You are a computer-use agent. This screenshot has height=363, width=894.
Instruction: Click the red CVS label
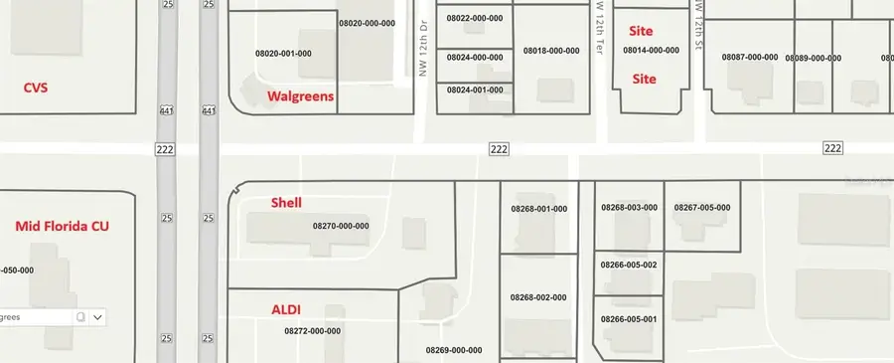click(36, 88)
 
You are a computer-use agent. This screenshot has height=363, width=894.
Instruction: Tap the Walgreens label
click(300, 96)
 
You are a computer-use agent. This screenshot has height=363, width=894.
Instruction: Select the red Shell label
click(286, 202)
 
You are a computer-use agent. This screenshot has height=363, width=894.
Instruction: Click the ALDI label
click(286, 309)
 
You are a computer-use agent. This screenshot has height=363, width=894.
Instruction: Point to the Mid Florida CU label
click(62, 226)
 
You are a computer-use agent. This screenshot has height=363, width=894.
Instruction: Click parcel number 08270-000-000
click(341, 226)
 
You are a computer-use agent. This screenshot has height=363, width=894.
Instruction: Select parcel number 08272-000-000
click(312, 331)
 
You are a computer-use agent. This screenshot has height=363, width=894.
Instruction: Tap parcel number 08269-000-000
click(454, 350)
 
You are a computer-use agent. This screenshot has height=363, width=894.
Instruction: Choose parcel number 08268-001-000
click(538, 209)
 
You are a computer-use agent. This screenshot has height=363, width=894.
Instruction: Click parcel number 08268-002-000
click(538, 297)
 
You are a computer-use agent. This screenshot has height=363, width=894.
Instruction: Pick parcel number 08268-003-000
click(629, 208)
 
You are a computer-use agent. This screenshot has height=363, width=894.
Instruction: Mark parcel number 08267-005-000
click(701, 208)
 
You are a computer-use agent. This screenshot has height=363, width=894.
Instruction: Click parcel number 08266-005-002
click(629, 266)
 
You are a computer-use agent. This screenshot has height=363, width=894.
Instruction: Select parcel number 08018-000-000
click(551, 50)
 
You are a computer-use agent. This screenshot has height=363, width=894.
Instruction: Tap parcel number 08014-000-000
click(651, 50)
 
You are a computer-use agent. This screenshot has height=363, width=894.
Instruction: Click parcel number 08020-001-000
click(284, 53)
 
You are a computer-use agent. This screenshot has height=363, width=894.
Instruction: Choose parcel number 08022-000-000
click(474, 19)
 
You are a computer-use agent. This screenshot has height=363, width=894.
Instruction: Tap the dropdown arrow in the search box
click(97, 317)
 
